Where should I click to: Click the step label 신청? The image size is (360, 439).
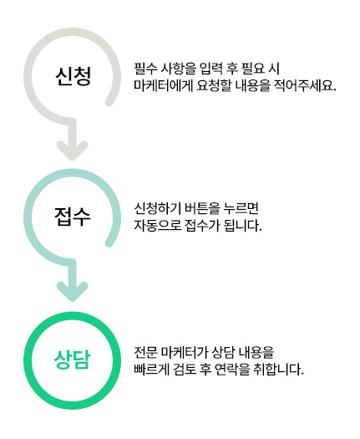[x=73, y=76]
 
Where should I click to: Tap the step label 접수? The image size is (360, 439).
[x=73, y=217]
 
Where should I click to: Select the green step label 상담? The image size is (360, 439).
[x=73, y=360]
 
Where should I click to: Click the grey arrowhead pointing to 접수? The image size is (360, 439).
[x=73, y=151]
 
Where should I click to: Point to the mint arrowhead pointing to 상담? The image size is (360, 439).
[x=73, y=292]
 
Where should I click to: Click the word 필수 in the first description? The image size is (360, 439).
[x=145, y=69]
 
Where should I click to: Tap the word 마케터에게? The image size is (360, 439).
[x=164, y=85]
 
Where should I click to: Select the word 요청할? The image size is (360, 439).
[x=214, y=85]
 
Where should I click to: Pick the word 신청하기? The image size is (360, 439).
[x=158, y=208]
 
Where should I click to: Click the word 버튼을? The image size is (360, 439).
[x=201, y=208]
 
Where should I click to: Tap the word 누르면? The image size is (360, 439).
[x=241, y=208]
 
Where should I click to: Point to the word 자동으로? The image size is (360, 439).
[x=158, y=226]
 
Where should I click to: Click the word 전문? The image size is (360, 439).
[x=145, y=352]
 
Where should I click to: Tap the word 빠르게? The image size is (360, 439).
[x=152, y=370]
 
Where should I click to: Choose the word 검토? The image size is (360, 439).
[x=185, y=370]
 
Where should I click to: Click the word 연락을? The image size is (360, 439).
[x=231, y=370]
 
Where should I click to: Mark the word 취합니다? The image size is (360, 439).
[x=278, y=370]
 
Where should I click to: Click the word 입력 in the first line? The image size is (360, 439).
[x=211, y=69]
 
